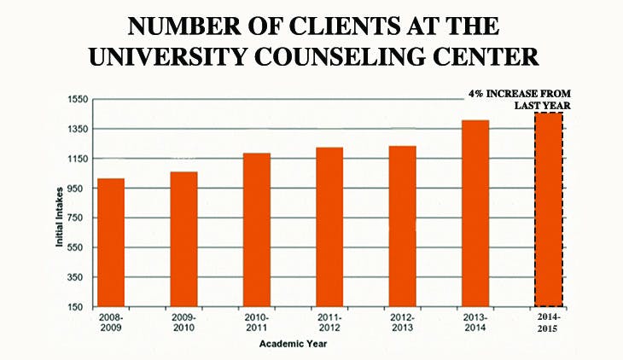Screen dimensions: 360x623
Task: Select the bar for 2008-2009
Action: (x=111, y=242)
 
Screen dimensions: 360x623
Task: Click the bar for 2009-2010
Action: (x=183, y=239)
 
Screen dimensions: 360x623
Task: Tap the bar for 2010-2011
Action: (x=257, y=229)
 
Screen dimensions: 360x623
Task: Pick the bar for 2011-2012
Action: (x=329, y=227)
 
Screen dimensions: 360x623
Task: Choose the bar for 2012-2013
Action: (x=402, y=226)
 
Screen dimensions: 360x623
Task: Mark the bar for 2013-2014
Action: (x=475, y=213)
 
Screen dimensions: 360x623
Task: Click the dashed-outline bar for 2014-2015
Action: (x=549, y=209)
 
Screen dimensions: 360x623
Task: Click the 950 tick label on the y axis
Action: (x=79, y=189)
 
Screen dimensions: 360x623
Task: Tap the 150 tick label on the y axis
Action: (x=79, y=307)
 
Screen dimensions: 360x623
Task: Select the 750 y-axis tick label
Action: (x=79, y=218)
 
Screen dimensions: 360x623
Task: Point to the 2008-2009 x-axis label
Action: (x=111, y=322)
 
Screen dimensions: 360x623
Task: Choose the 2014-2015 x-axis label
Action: (x=549, y=322)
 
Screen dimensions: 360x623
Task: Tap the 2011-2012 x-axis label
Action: (x=329, y=322)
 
